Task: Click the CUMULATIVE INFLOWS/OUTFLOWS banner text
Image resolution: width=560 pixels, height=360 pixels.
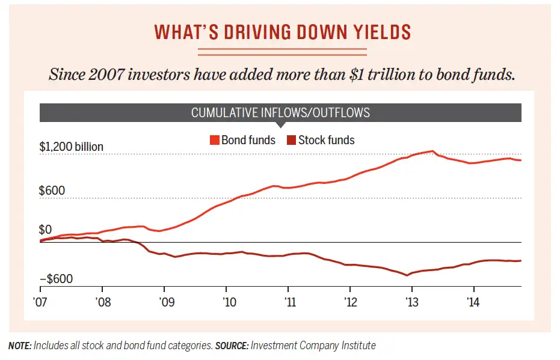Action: tap(280, 112)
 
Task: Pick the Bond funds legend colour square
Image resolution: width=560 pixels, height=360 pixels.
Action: tap(214, 141)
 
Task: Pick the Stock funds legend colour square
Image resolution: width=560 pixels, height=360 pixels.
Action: tap(291, 141)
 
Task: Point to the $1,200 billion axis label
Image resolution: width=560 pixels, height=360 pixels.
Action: tap(72, 147)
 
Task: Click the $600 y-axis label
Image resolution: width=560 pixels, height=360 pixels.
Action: tap(52, 191)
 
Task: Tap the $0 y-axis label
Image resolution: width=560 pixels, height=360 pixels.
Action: tap(46, 230)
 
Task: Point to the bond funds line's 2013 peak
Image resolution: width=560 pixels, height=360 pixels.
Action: tap(433, 151)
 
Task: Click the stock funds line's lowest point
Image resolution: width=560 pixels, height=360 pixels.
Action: tap(407, 275)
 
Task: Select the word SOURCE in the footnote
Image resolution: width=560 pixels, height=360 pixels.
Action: tap(232, 346)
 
